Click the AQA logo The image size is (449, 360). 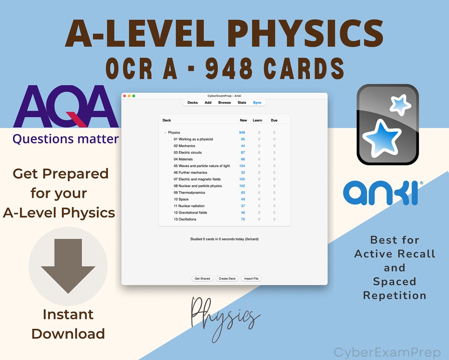coord(66,106)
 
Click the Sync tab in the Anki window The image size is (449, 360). coord(257,103)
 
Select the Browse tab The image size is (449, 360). coord(224,103)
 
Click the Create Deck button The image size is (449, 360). coord(227,279)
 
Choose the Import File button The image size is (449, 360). coord(252,279)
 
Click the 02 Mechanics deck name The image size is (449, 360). coord(185,146)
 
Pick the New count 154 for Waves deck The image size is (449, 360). coord(242,166)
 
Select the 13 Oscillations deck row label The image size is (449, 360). coord(185,219)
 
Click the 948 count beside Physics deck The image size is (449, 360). coord(242,133)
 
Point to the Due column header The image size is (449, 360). coord(274,121)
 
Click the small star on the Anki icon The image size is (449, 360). coord(401,105)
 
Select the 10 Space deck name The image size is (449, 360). coord(181,199)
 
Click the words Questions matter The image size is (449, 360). coord(66,139)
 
